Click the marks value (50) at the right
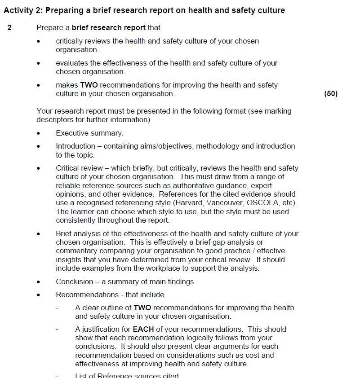pyautogui.click(x=330, y=93)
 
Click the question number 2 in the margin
pyautogui.click(x=9, y=27)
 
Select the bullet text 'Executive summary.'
pyautogui.click(x=89, y=133)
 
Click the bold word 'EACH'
pyautogui.click(x=143, y=329)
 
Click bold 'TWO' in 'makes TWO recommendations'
pyautogui.click(x=89, y=85)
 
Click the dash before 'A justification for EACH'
pyautogui.click(x=57, y=329)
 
